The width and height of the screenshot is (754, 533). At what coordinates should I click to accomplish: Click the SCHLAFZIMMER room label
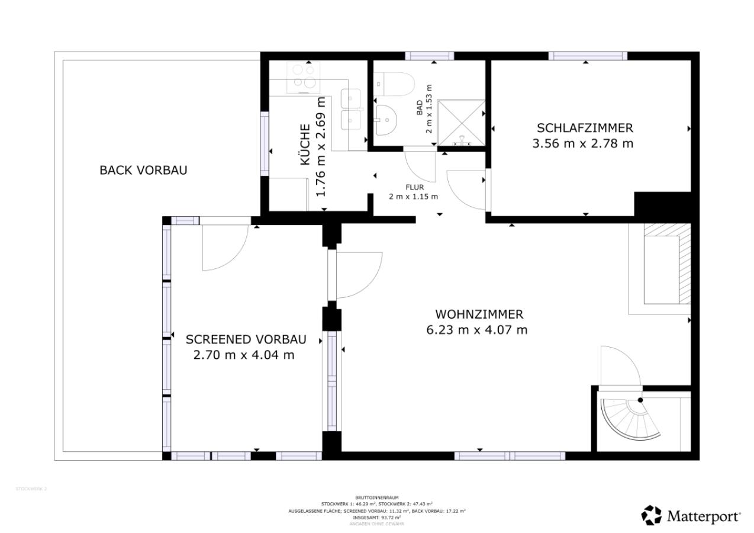pyautogui.click(x=585, y=128)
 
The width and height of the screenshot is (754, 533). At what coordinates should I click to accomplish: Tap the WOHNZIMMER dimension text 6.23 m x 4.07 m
pyautogui.click(x=476, y=330)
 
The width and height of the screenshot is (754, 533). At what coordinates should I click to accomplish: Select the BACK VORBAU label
pyautogui.click(x=143, y=171)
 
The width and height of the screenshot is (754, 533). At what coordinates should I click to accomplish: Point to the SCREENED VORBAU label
pyautogui.click(x=246, y=339)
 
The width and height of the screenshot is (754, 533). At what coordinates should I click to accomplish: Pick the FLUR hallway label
pyautogui.click(x=414, y=187)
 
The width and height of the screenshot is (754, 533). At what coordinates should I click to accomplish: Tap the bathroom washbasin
pyautogui.click(x=385, y=119)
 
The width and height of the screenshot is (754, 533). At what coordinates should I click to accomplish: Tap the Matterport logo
pyautogui.click(x=691, y=515)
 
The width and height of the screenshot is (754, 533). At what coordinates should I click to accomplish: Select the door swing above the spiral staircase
pyautogui.click(x=618, y=367)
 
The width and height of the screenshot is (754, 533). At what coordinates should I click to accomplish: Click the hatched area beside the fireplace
pyautogui.click(x=684, y=264)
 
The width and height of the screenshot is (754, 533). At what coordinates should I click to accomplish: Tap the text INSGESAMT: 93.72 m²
pyautogui.click(x=376, y=517)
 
